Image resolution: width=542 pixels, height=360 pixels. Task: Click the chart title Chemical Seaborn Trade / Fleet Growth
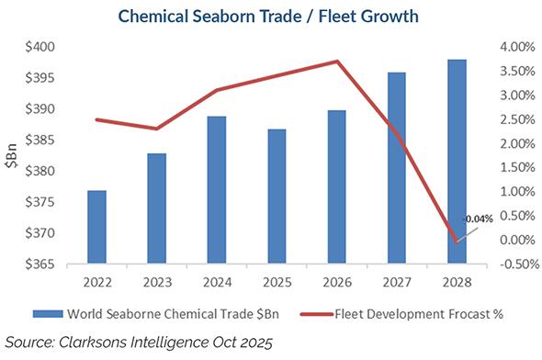[x=271, y=17]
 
